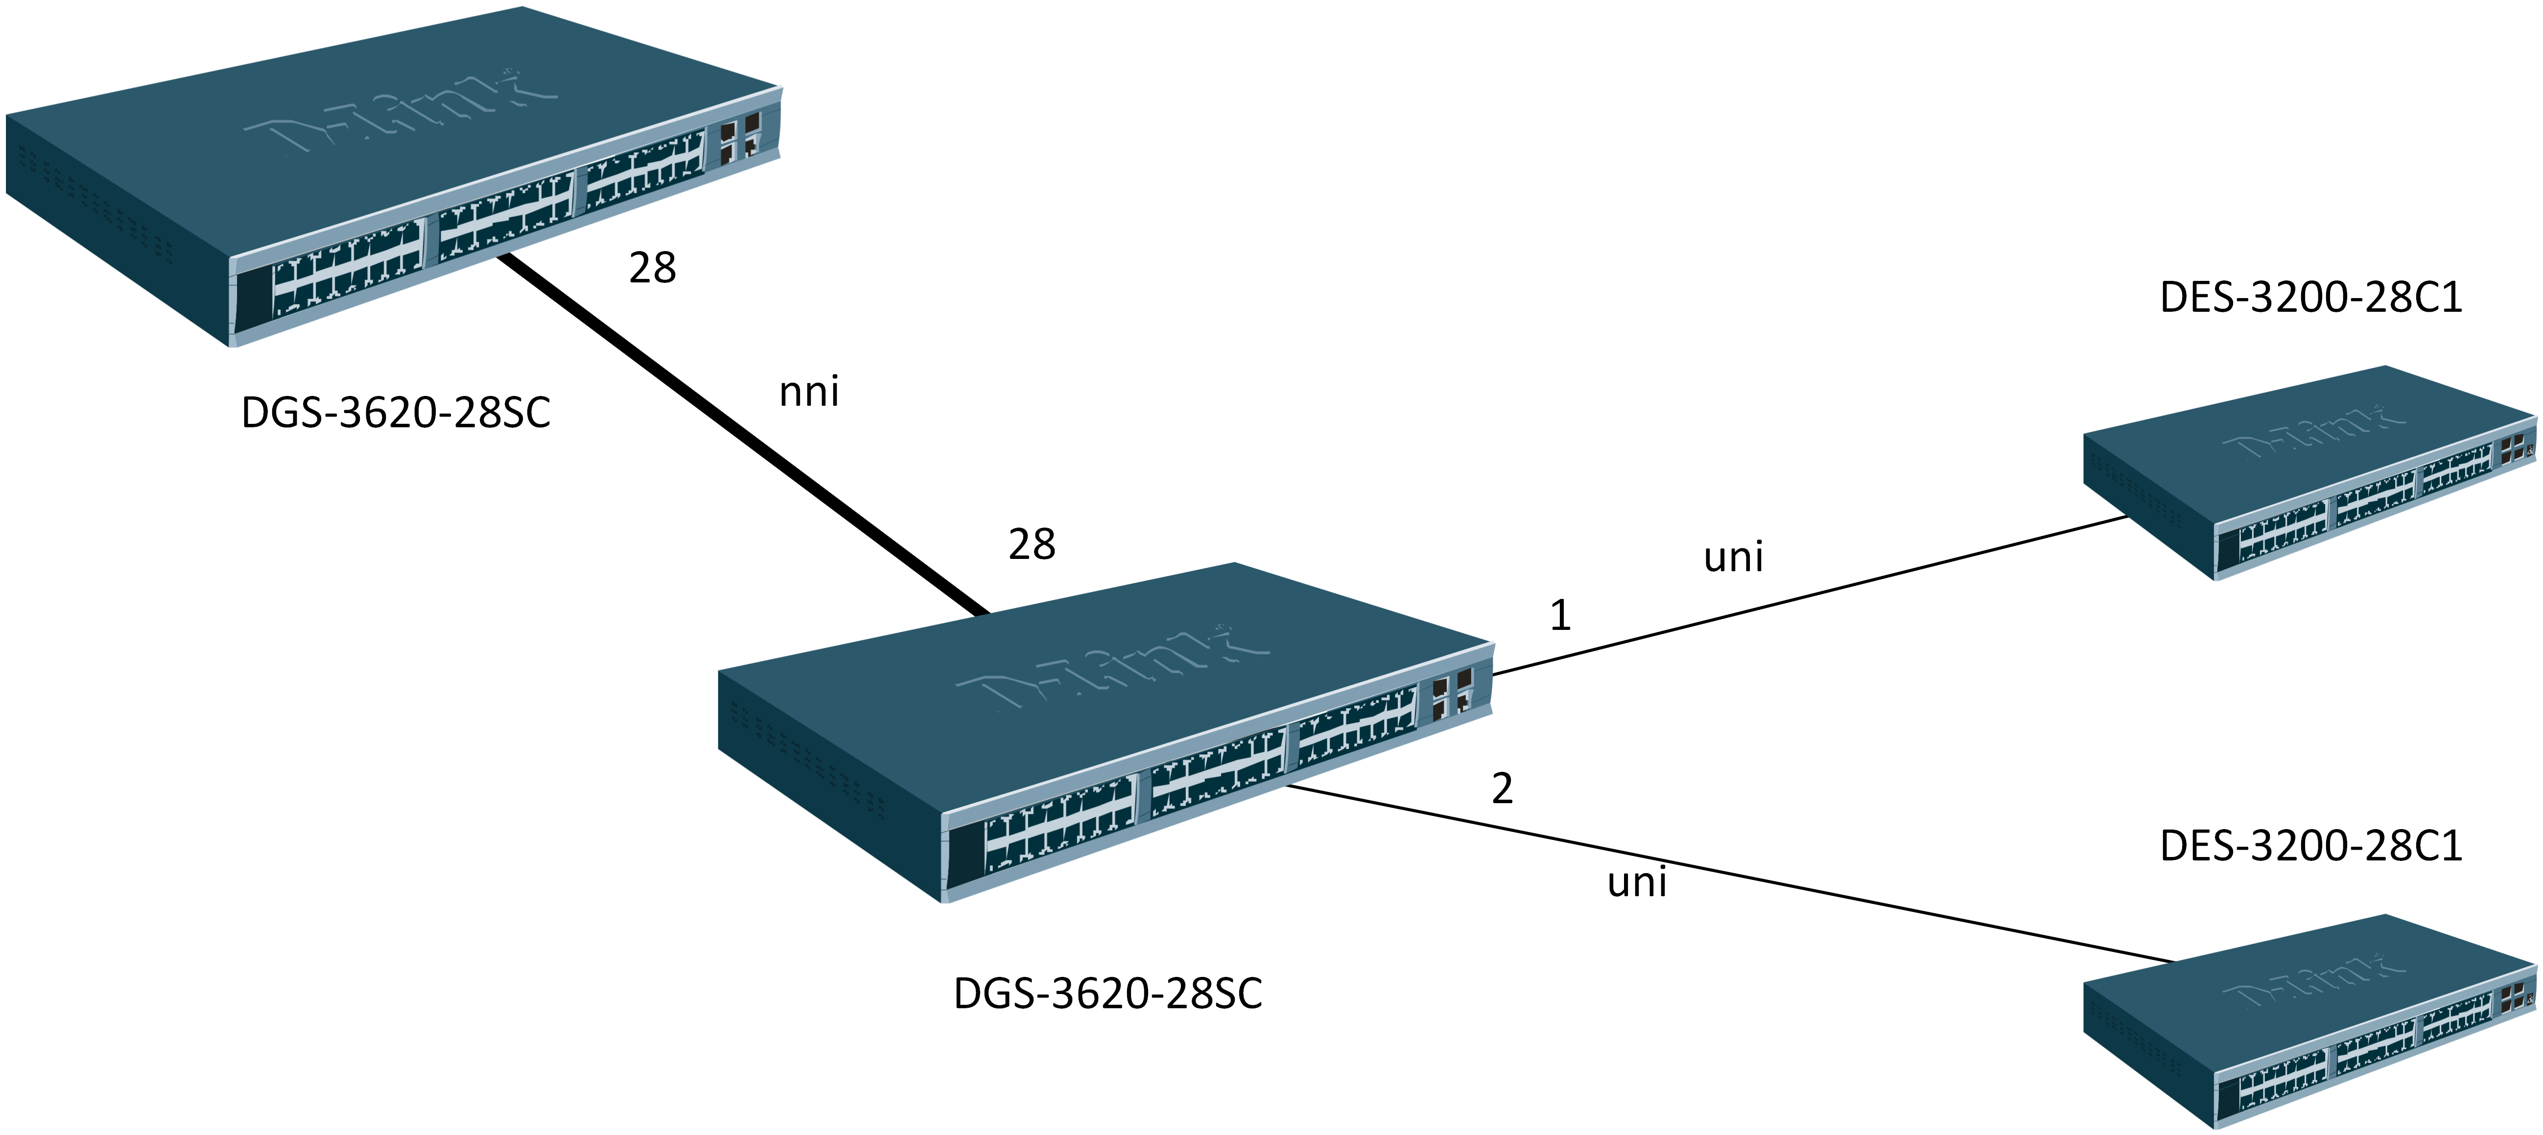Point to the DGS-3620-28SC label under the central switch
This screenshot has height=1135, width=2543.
1107,993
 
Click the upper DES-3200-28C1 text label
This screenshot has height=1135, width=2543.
2310,297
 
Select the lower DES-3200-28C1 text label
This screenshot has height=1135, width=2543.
2310,846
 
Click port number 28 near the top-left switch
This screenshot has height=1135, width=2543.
653,267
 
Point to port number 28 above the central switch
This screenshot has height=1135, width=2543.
1032,544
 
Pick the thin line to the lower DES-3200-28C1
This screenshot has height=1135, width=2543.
1728,874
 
